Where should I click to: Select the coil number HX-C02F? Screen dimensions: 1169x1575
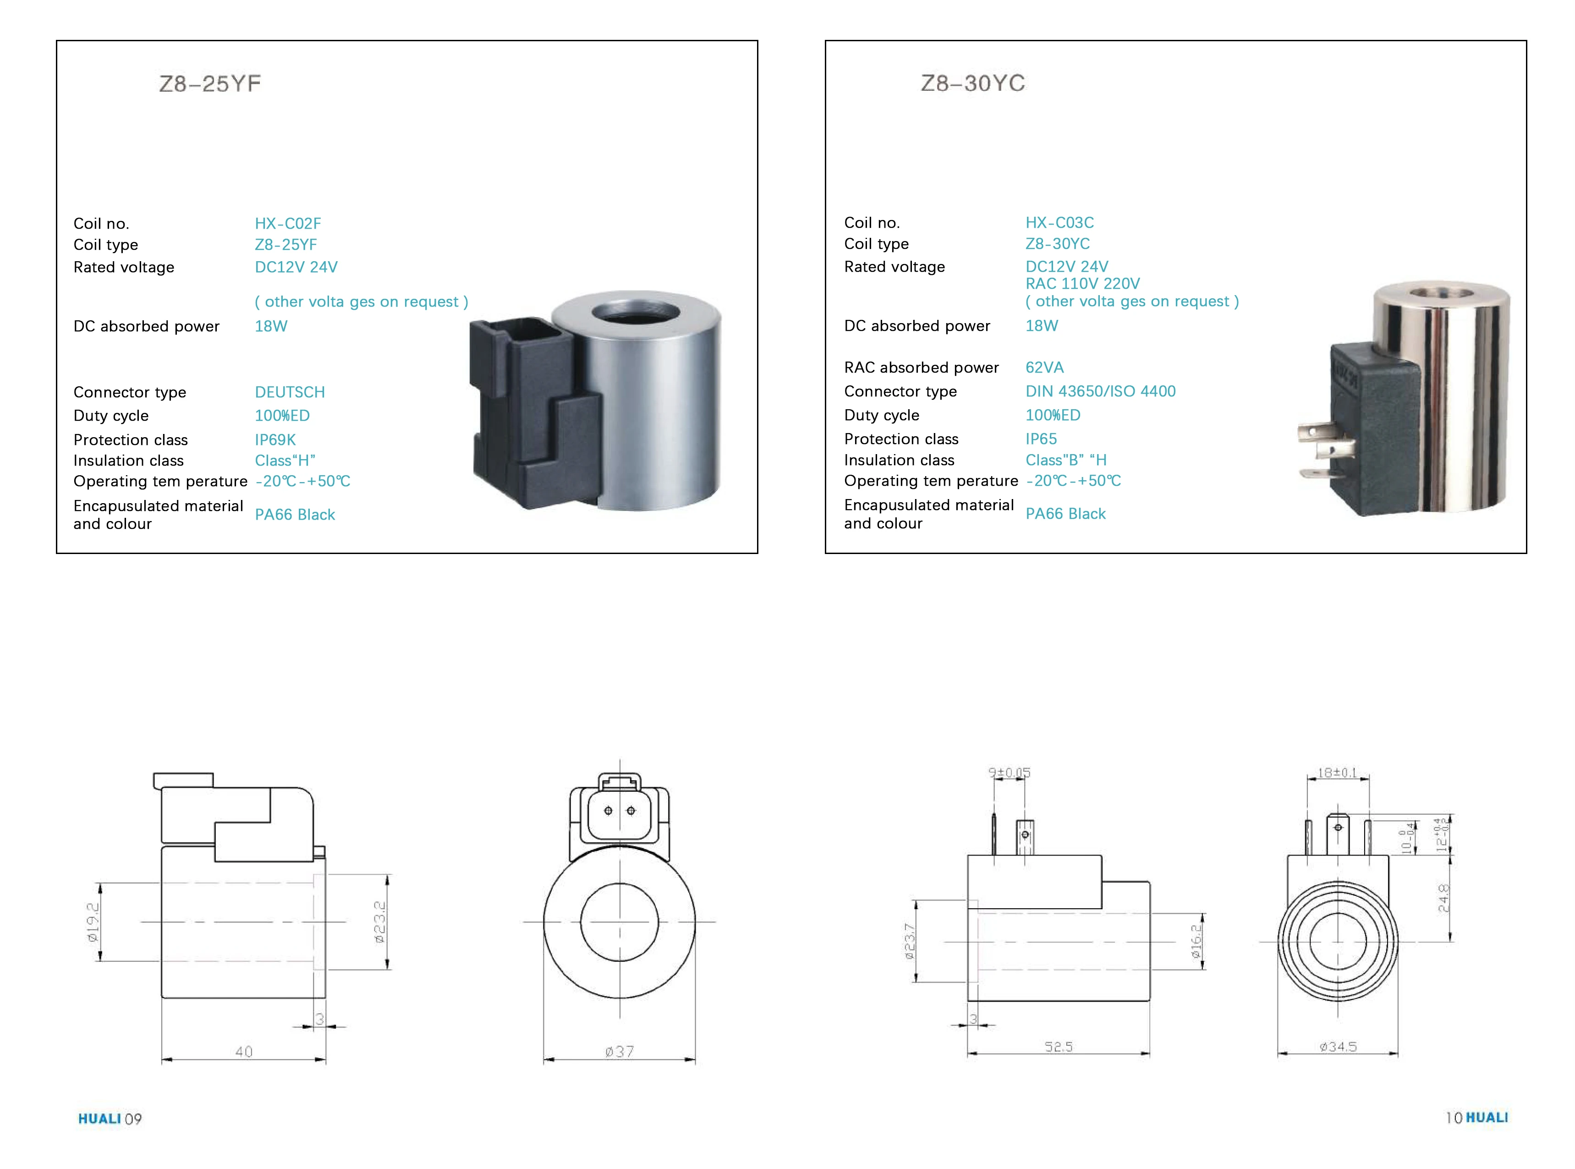click(287, 224)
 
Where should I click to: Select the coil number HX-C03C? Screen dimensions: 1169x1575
click(1059, 223)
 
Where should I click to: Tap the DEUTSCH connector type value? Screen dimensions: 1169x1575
click(290, 392)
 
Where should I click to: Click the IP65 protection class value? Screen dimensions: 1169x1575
click(1040, 439)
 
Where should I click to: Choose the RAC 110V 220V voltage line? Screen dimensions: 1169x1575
click(1082, 284)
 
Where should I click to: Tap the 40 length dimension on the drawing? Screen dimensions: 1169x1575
click(243, 1052)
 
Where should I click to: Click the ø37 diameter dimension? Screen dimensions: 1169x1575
click(619, 1052)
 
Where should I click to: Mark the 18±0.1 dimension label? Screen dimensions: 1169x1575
click(1337, 773)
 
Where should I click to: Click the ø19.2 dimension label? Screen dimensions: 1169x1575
click(93, 922)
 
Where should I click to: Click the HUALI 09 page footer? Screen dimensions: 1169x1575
click(110, 1119)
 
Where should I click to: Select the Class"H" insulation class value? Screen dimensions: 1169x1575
click(285, 461)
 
